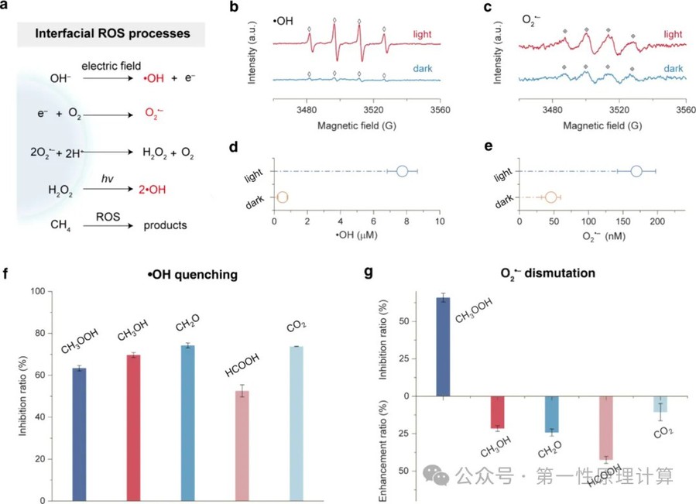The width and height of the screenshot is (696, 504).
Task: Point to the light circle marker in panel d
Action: point(402,171)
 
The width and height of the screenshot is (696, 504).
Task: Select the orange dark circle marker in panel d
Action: point(282,197)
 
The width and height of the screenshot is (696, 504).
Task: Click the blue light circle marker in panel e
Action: point(636,171)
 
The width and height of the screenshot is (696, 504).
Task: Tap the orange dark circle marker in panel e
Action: point(551,197)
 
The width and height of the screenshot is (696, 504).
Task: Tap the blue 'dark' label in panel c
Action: point(671,70)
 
